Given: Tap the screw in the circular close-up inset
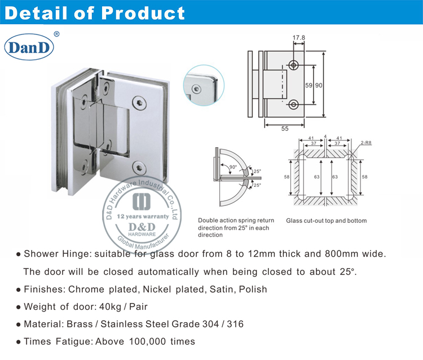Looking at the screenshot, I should tap(195, 88).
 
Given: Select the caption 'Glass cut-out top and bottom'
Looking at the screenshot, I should tap(326, 221).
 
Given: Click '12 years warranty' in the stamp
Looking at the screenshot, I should tap(143, 217).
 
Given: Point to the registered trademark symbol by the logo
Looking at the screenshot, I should tap(56, 34).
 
